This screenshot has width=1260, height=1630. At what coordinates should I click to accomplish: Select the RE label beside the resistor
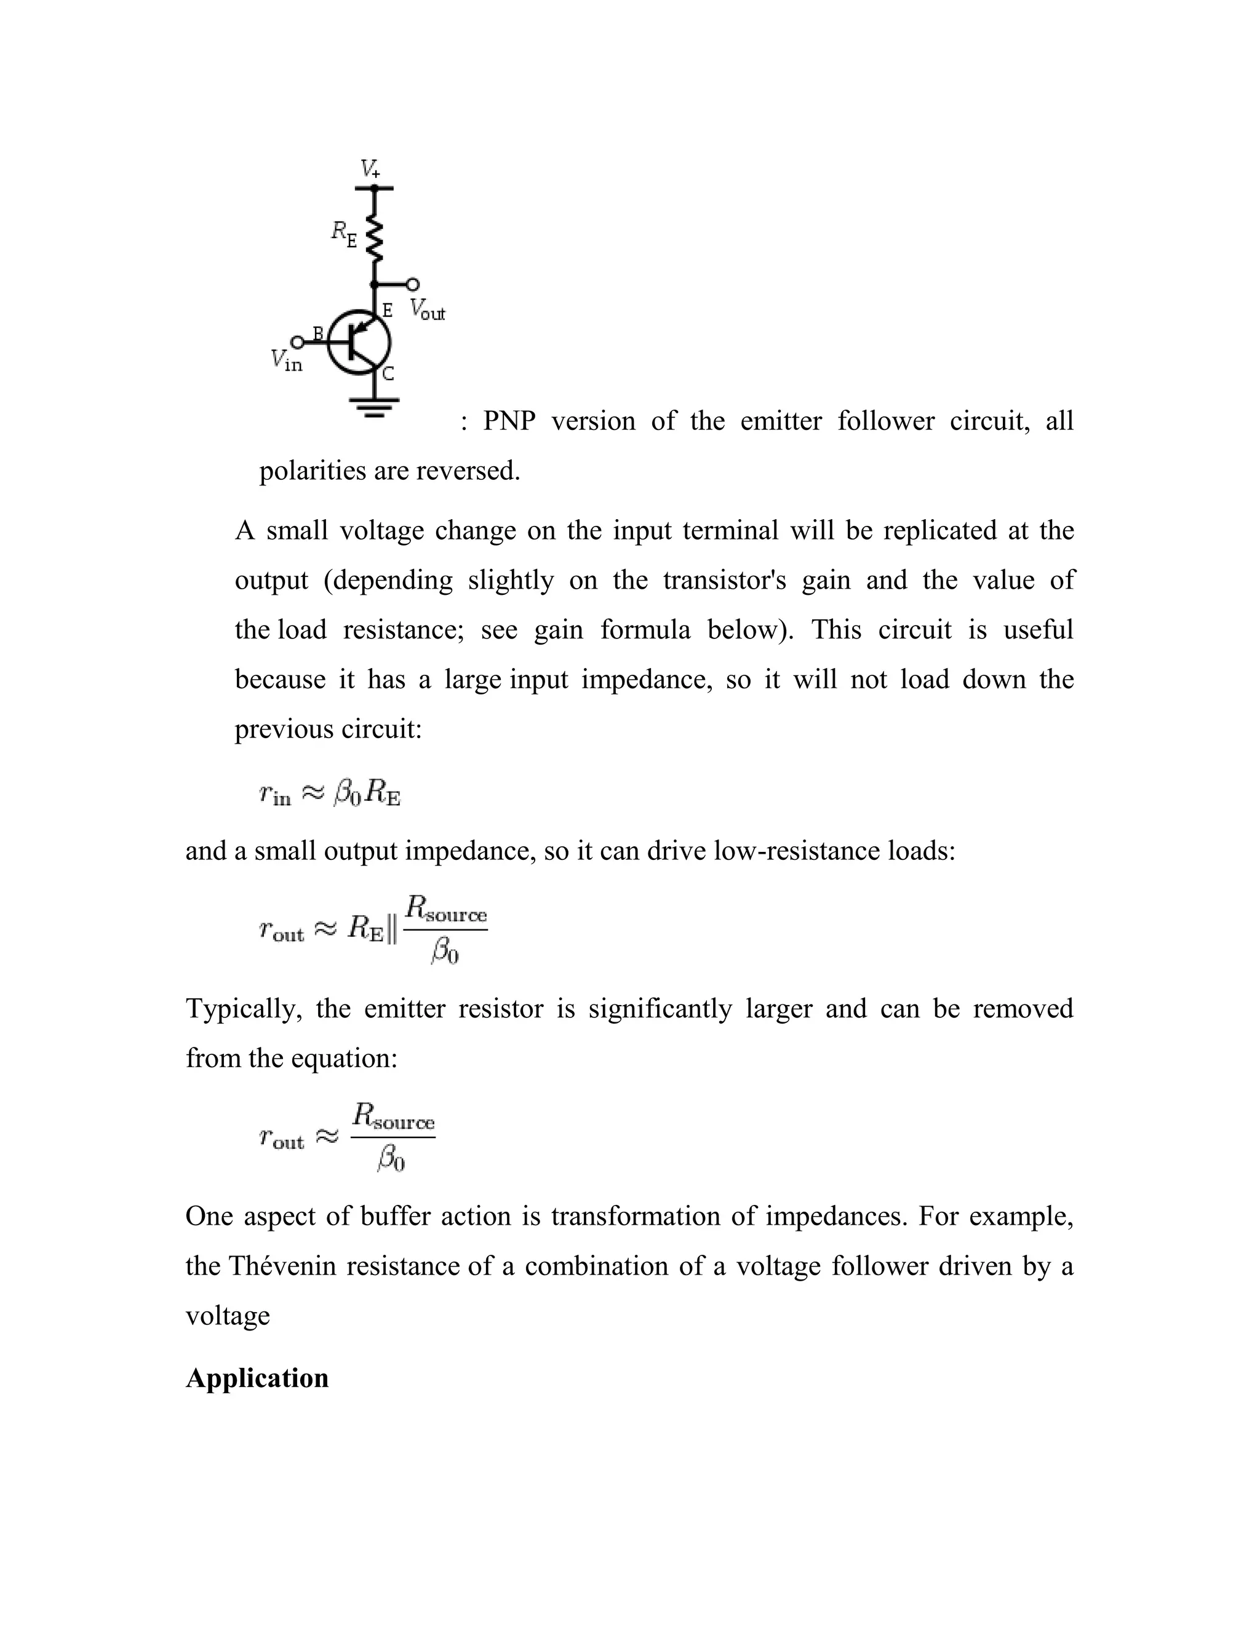click(x=344, y=234)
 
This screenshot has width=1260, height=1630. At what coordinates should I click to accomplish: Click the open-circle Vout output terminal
click(x=412, y=284)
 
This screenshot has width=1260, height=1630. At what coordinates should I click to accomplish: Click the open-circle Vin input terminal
click(x=297, y=343)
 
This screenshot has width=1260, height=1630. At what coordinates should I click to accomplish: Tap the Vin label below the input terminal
click(x=287, y=361)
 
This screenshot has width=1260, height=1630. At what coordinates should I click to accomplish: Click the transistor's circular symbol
click(x=360, y=343)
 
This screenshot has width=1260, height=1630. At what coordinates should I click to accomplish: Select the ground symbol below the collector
click(x=373, y=406)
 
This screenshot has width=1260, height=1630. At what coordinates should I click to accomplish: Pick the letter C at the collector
click(x=388, y=374)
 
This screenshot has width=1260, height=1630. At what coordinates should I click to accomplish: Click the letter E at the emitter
click(x=388, y=310)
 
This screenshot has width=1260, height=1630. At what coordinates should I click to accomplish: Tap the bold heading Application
click(x=257, y=1378)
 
